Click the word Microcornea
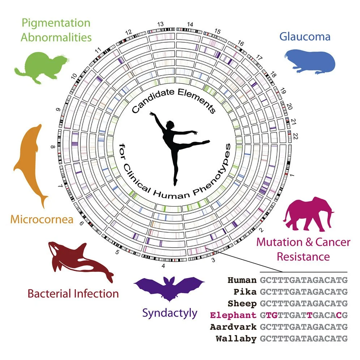click(x=42, y=219)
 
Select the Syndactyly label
click(x=170, y=313)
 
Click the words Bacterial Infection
click(x=73, y=293)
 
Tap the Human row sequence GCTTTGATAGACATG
click(x=304, y=280)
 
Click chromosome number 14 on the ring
click(x=190, y=25)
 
